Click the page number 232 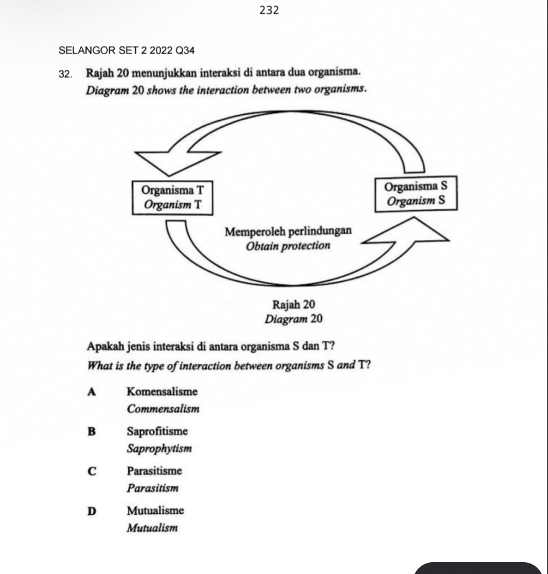pyautogui.click(x=268, y=10)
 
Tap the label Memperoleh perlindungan pyautogui.click(x=288, y=231)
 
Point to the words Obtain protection pyautogui.click(x=288, y=246)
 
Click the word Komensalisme pyautogui.click(x=161, y=392)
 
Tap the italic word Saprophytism pyautogui.click(x=159, y=449)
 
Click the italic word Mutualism pyautogui.click(x=151, y=529)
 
